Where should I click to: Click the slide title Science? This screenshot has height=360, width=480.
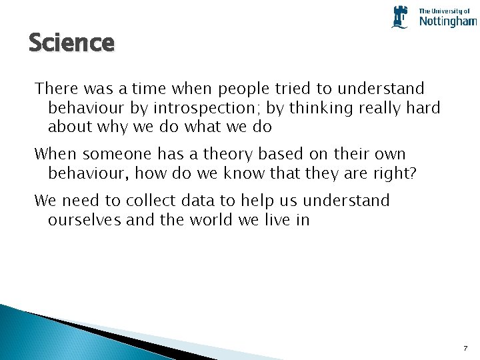tap(71, 43)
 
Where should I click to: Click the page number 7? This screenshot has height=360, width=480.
tap(465, 349)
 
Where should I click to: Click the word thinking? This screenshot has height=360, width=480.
tap(313, 107)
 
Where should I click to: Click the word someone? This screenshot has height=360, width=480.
tap(115, 154)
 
